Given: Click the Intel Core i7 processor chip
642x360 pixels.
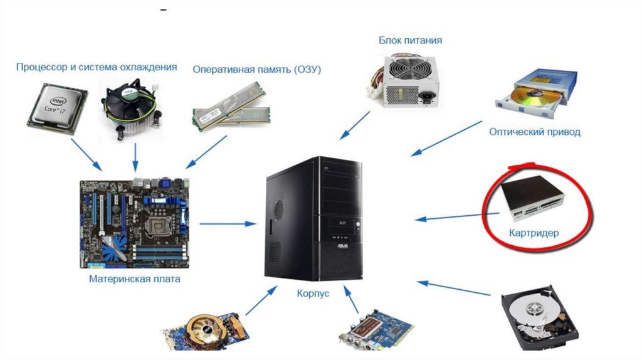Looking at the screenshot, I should pyautogui.click(x=57, y=107).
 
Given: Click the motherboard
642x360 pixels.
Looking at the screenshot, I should pyautogui.click(x=135, y=223).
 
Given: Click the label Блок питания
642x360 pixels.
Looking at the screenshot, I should pyautogui.click(x=410, y=41).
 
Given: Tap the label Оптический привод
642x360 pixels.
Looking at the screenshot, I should pyautogui.click(x=535, y=132).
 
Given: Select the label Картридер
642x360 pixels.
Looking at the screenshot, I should pyautogui.click(x=534, y=233).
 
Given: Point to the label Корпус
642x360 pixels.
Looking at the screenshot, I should pyautogui.click(x=313, y=293).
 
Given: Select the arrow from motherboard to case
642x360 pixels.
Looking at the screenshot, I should pyautogui.click(x=228, y=223).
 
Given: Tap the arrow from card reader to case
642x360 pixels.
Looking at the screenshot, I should pyautogui.click(x=458, y=216).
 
